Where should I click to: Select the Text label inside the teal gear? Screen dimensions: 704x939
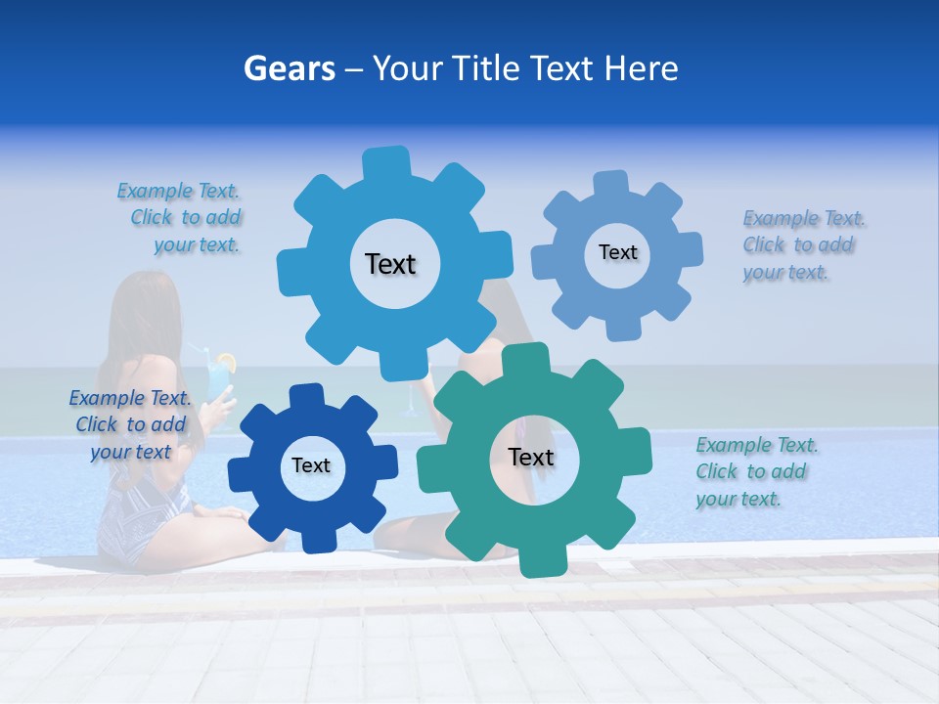click(531, 457)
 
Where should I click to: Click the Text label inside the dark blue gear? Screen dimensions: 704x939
click(311, 465)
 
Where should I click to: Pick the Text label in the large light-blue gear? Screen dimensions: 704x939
click(390, 264)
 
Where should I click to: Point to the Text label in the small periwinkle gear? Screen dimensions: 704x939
click(617, 252)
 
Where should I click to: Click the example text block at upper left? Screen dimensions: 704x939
click(182, 218)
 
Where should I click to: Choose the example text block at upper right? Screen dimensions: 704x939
click(802, 245)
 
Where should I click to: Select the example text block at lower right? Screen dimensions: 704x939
click(755, 472)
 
